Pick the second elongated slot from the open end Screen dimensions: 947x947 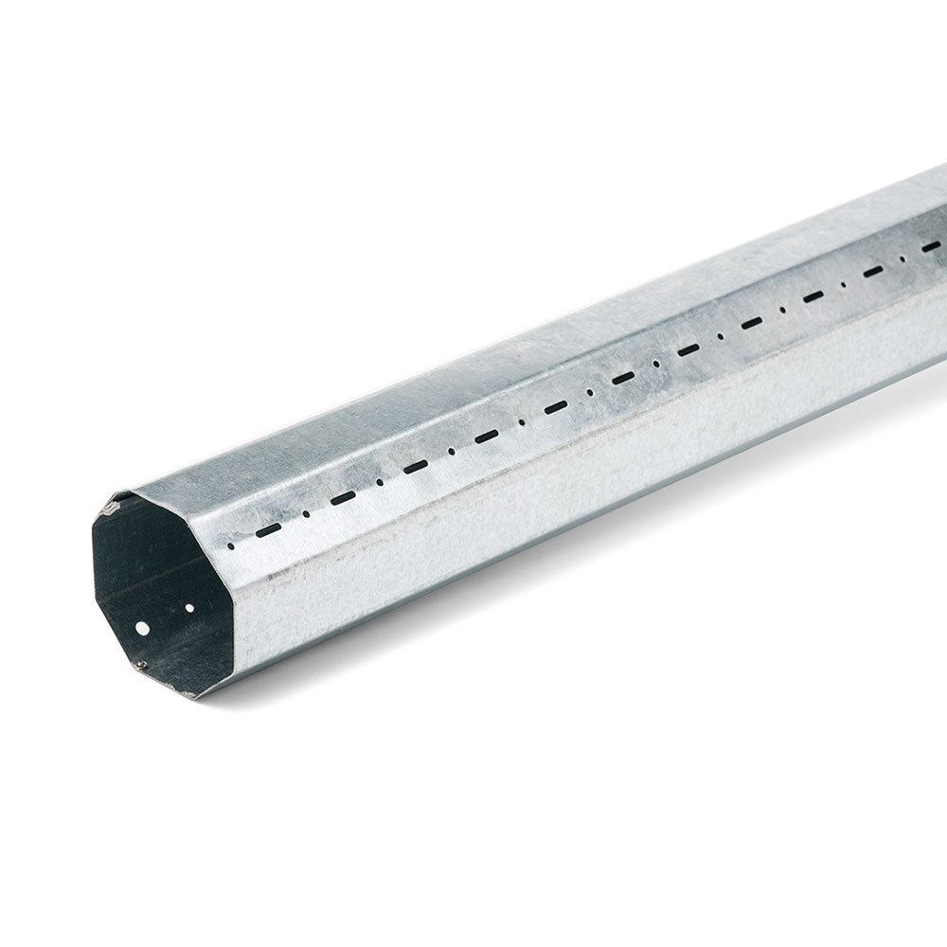(343, 497)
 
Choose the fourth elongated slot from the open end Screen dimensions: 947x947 (487, 437)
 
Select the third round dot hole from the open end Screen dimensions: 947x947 (381, 482)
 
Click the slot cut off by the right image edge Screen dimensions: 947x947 (938, 246)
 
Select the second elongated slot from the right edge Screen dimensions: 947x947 (874, 273)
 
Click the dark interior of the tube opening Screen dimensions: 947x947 (152, 578)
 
